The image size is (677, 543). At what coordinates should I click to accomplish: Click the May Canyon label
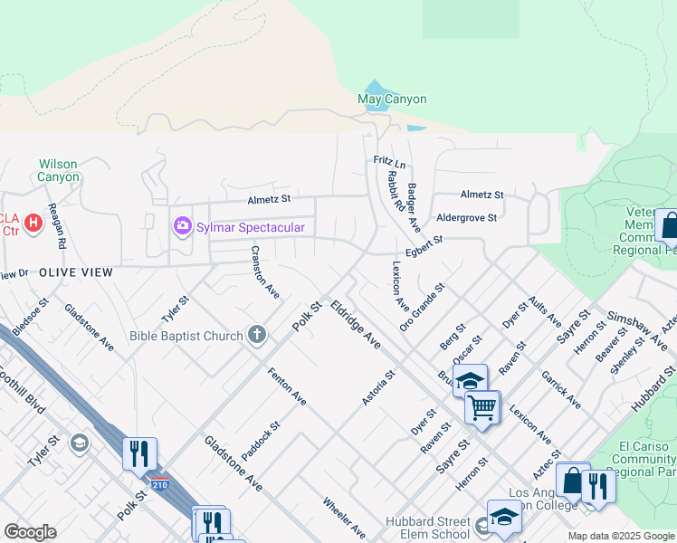point(392,99)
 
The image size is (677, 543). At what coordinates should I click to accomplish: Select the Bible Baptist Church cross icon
point(257,336)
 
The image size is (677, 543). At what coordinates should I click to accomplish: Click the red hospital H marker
point(33,222)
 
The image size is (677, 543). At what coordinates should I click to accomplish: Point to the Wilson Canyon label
point(59,170)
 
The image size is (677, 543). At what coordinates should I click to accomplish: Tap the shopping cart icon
point(482,406)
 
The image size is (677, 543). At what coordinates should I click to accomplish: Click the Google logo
point(30,532)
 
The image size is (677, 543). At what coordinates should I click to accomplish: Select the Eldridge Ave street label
point(356,325)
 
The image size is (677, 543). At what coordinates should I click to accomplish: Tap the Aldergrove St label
point(467,218)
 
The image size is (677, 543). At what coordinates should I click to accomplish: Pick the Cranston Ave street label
point(264,272)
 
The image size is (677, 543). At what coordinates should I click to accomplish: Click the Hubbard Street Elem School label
point(427,529)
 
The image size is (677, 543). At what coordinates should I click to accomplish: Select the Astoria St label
point(379,388)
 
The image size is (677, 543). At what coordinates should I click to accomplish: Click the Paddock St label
point(261,439)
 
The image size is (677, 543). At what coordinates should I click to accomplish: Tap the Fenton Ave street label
point(286,386)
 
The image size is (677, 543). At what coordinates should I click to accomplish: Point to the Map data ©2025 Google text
point(620,536)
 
